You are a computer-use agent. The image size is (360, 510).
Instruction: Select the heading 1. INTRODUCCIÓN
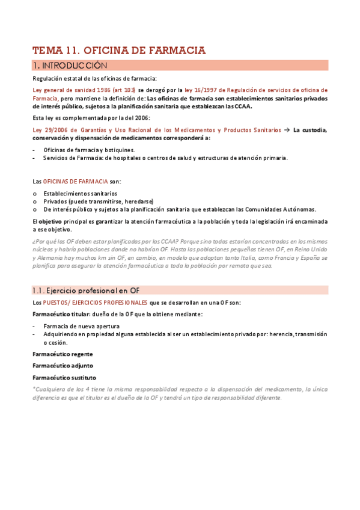click(x=70, y=65)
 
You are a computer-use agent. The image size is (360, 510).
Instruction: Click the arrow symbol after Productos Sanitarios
click(x=287, y=130)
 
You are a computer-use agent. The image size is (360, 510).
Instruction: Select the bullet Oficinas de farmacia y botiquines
click(x=89, y=150)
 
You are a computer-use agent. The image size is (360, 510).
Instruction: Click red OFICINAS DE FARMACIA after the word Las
click(x=76, y=181)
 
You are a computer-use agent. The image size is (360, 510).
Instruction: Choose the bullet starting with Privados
click(x=98, y=201)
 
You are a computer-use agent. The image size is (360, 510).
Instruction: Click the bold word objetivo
click(x=52, y=221)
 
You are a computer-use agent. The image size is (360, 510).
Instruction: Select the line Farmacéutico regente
click(x=63, y=354)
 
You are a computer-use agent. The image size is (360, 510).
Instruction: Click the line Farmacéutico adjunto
click(x=63, y=365)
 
